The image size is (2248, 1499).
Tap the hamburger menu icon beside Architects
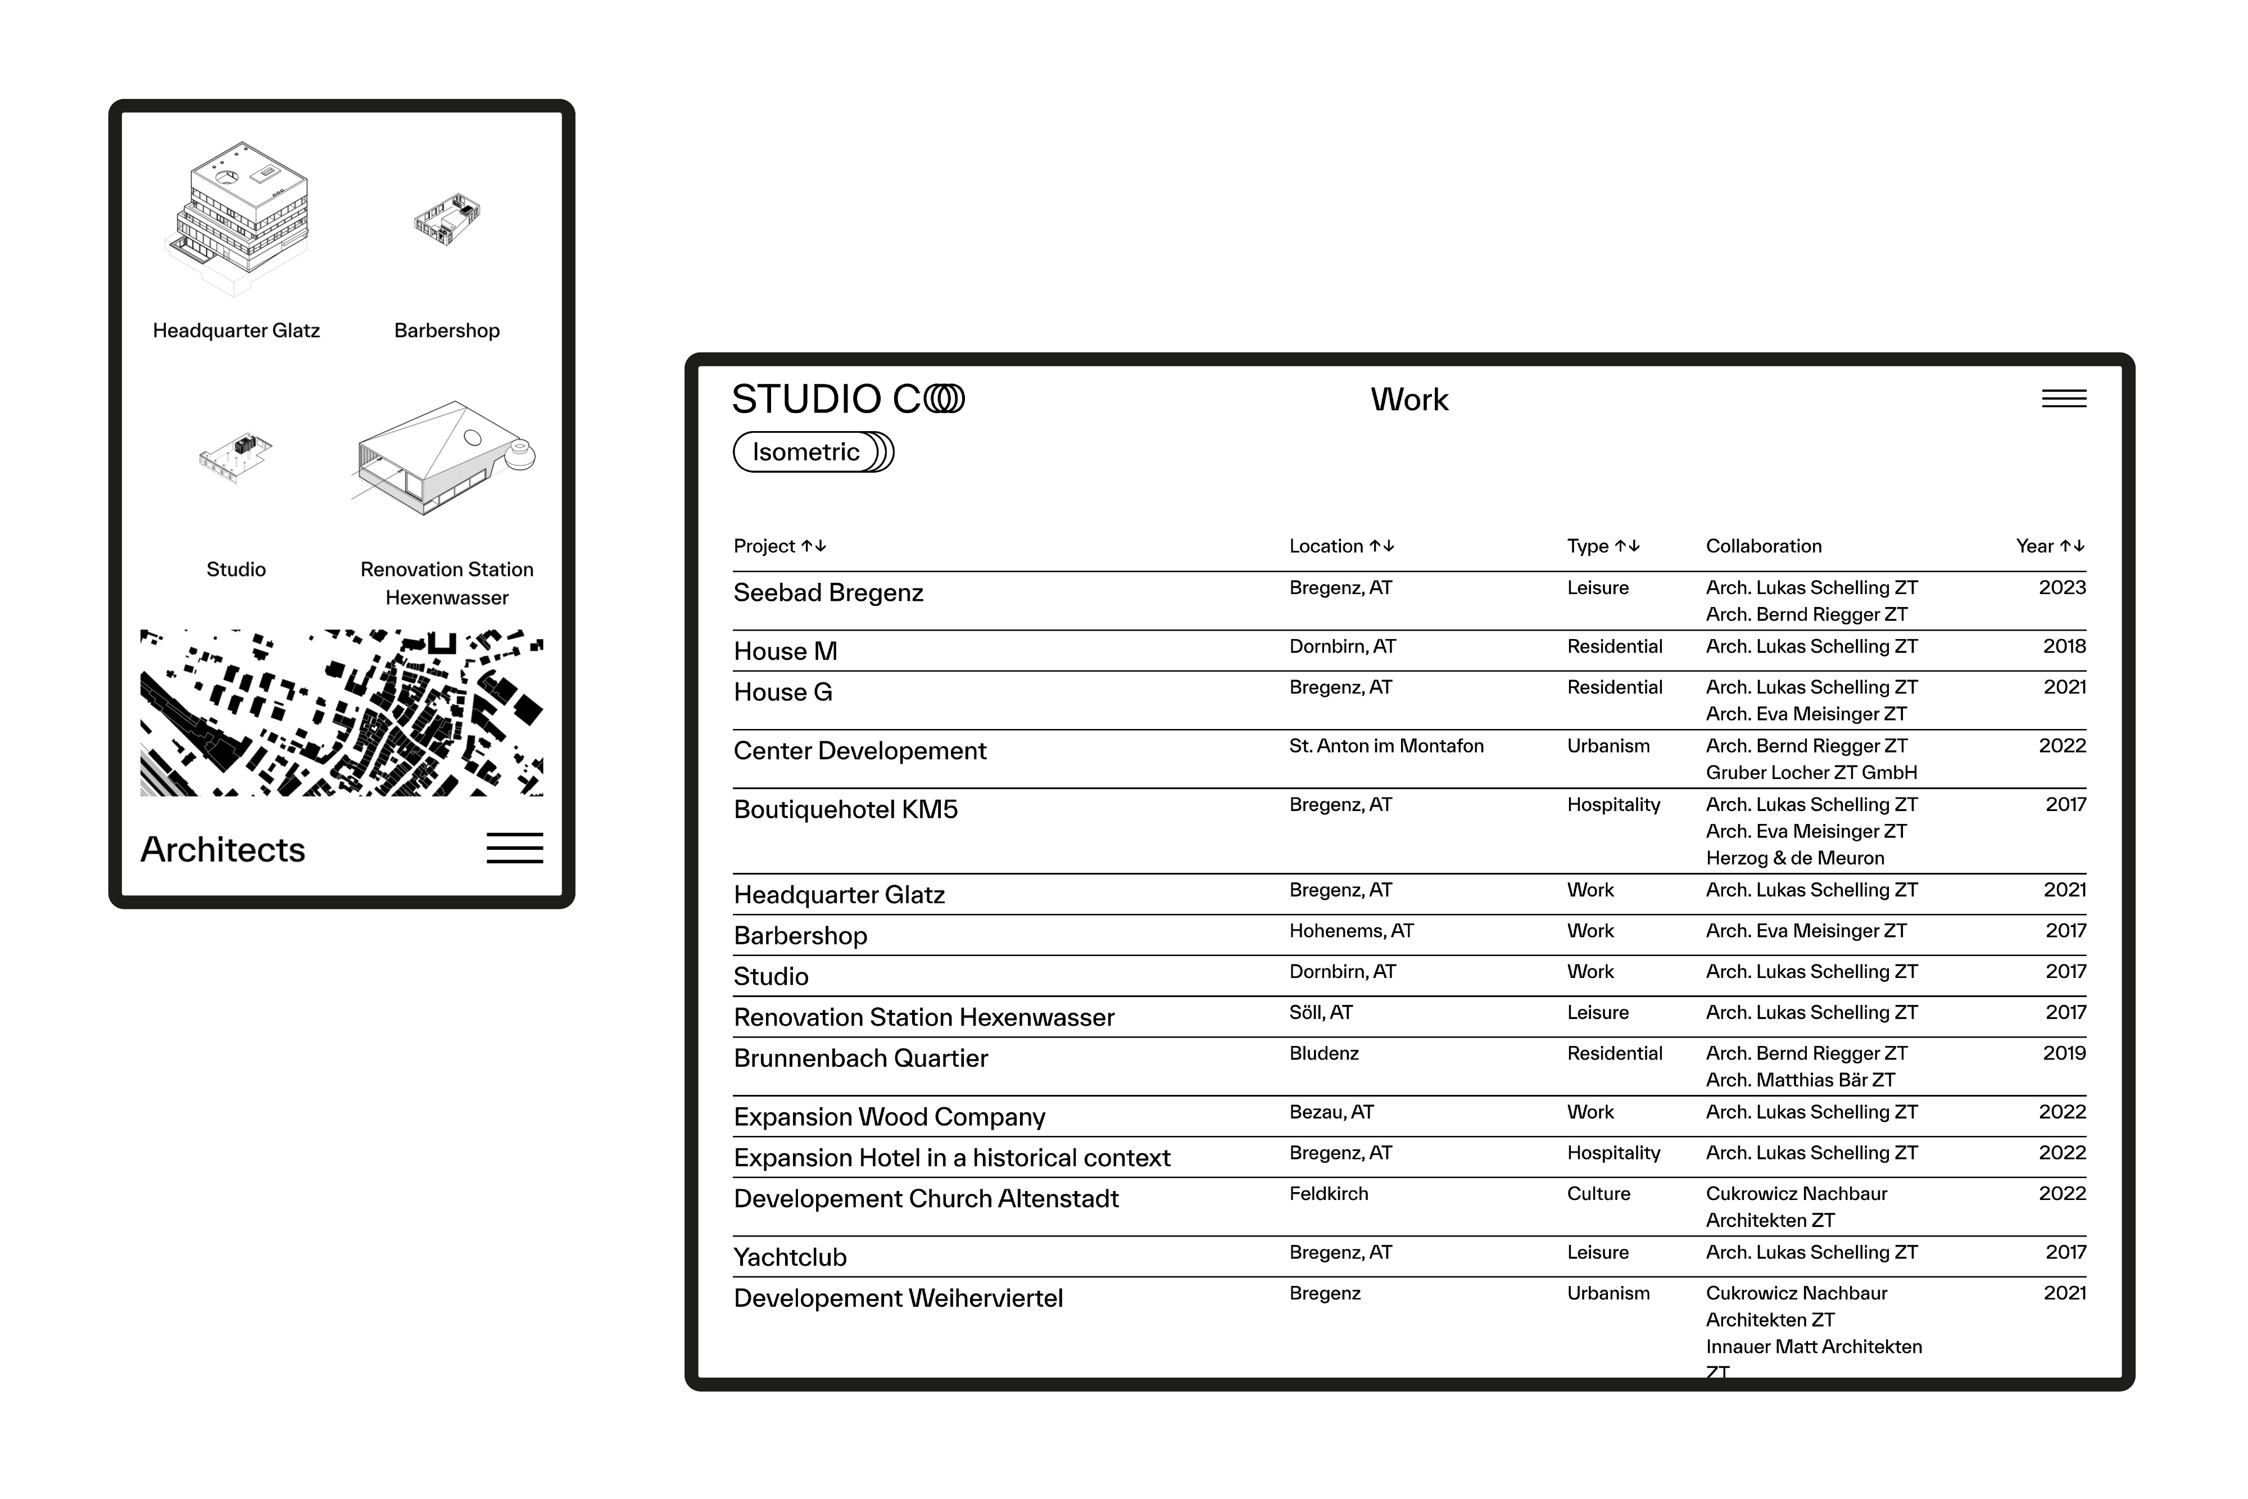coord(514,848)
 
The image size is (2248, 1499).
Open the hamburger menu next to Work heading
coord(2064,398)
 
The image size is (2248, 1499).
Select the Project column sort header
coord(779,546)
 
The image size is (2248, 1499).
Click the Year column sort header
coord(2050,546)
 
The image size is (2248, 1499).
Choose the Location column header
coord(1341,546)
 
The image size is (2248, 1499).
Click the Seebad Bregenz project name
coord(828,593)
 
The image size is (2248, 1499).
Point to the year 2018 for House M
coord(2064,646)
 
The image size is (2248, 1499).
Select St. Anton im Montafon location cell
coord(1386,746)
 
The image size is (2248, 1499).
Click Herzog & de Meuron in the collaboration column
coord(1794,858)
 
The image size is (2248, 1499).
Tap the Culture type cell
coord(1598,1193)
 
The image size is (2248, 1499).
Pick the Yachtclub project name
coord(790,1257)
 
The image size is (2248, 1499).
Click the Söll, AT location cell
coord(1320,1012)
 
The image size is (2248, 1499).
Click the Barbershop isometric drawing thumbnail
coord(446,219)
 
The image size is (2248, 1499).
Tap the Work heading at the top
coord(1409,400)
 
